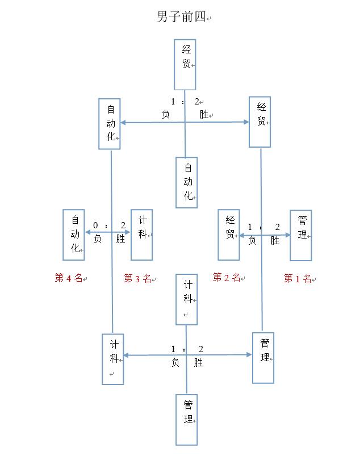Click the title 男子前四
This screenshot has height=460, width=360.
pyautogui.click(x=179, y=17)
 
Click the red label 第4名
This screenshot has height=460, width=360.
pyautogui.click(x=69, y=278)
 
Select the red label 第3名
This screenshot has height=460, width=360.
pyautogui.click(x=137, y=278)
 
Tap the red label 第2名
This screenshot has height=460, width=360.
pyautogui.click(x=227, y=278)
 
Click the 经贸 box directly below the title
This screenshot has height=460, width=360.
pyautogui.click(x=185, y=64)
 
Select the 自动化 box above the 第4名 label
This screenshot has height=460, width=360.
pyautogui.click(x=74, y=235)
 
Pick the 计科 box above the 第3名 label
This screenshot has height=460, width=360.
pyautogui.click(x=141, y=235)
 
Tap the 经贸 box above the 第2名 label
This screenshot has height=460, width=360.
pyautogui.click(x=229, y=235)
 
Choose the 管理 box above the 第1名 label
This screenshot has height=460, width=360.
pyautogui.click(x=300, y=235)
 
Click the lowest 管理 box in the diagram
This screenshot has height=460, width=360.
pyautogui.click(x=186, y=420)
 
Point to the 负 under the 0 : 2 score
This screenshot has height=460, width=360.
pyautogui.click(x=98, y=239)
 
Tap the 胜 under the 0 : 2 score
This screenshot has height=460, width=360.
pyautogui.click(x=120, y=239)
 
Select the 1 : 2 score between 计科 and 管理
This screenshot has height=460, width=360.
pyautogui.click(x=187, y=349)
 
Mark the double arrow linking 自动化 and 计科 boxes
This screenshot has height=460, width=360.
pyautogui.click(x=108, y=232)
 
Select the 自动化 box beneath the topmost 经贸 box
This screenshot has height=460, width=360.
pyautogui.click(x=186, y=182)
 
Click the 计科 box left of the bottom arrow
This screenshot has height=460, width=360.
pyautogui.click(x=113, y=359)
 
